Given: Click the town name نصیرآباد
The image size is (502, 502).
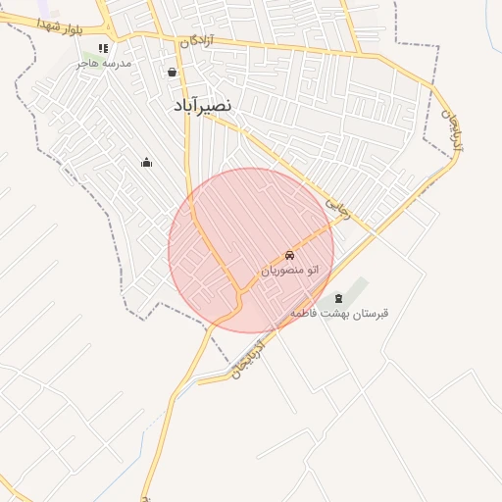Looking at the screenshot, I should (x=202, y=104).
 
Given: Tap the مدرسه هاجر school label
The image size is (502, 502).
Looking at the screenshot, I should (x=105, y=64).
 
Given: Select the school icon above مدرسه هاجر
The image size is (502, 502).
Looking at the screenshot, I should (x=103, y=48).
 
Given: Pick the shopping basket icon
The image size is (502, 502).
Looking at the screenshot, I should (x=173, y=72).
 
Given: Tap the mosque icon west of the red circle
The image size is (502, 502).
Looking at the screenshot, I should (x=147, y=162).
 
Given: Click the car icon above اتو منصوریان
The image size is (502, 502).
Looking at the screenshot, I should (x=289, y=254).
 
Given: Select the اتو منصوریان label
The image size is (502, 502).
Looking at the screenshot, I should (x=290, y=269).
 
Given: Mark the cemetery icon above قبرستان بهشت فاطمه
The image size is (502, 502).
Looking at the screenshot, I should (x=339, y=298).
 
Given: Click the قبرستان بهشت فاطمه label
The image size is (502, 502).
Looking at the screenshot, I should (x=339, y=314).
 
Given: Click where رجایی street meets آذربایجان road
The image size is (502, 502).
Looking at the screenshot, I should (x=375, y=235).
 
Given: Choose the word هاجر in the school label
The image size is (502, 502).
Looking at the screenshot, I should (x=89, y=64).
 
